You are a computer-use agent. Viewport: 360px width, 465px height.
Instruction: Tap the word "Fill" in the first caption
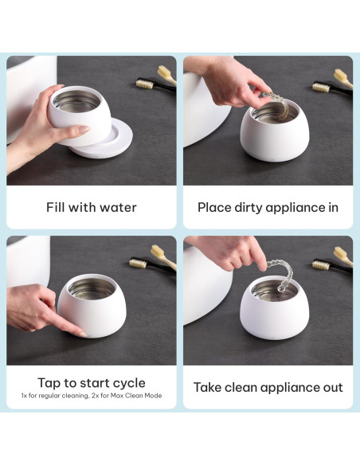pos(54,207)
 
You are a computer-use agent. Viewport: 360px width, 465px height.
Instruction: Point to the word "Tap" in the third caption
pos(49,383)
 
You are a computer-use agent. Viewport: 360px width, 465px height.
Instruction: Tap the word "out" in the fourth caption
pos(333,388)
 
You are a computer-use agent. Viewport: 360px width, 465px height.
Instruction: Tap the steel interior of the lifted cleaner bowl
pos(76,102)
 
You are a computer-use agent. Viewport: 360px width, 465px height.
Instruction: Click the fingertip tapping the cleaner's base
pos(82,334)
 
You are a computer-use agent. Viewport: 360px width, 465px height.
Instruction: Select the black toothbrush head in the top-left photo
pos(145,84)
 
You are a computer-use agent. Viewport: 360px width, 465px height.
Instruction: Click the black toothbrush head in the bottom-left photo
pos(139,263)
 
